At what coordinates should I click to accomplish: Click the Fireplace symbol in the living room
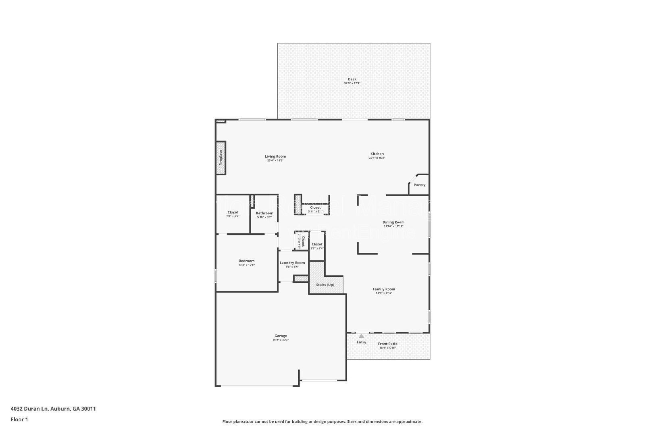click(221, 158)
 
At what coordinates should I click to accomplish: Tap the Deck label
click(352, 79)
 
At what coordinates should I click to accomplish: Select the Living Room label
click(275, 156)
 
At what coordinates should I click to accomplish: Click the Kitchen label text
click(377, 154)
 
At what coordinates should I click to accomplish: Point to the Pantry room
click(419, 185)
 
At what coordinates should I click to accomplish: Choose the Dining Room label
click(393, 222)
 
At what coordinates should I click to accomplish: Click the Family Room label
click(383, 289)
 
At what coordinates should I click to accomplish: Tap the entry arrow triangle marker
click(362, 336)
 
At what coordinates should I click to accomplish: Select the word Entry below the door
click(361, 342)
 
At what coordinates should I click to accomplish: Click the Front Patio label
click(387, 344)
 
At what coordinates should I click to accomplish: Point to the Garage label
click(281, 336)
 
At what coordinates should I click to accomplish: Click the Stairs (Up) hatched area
click(325, 282)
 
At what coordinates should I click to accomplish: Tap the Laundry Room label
click(292, 263)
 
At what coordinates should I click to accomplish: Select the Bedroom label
click(246, 261)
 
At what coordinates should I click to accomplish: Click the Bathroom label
click(264, 213)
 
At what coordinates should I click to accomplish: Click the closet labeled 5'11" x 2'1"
click(315, 208)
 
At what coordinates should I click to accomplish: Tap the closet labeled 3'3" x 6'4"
click(317, 245)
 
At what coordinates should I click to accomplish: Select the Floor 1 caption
click(19, 420)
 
